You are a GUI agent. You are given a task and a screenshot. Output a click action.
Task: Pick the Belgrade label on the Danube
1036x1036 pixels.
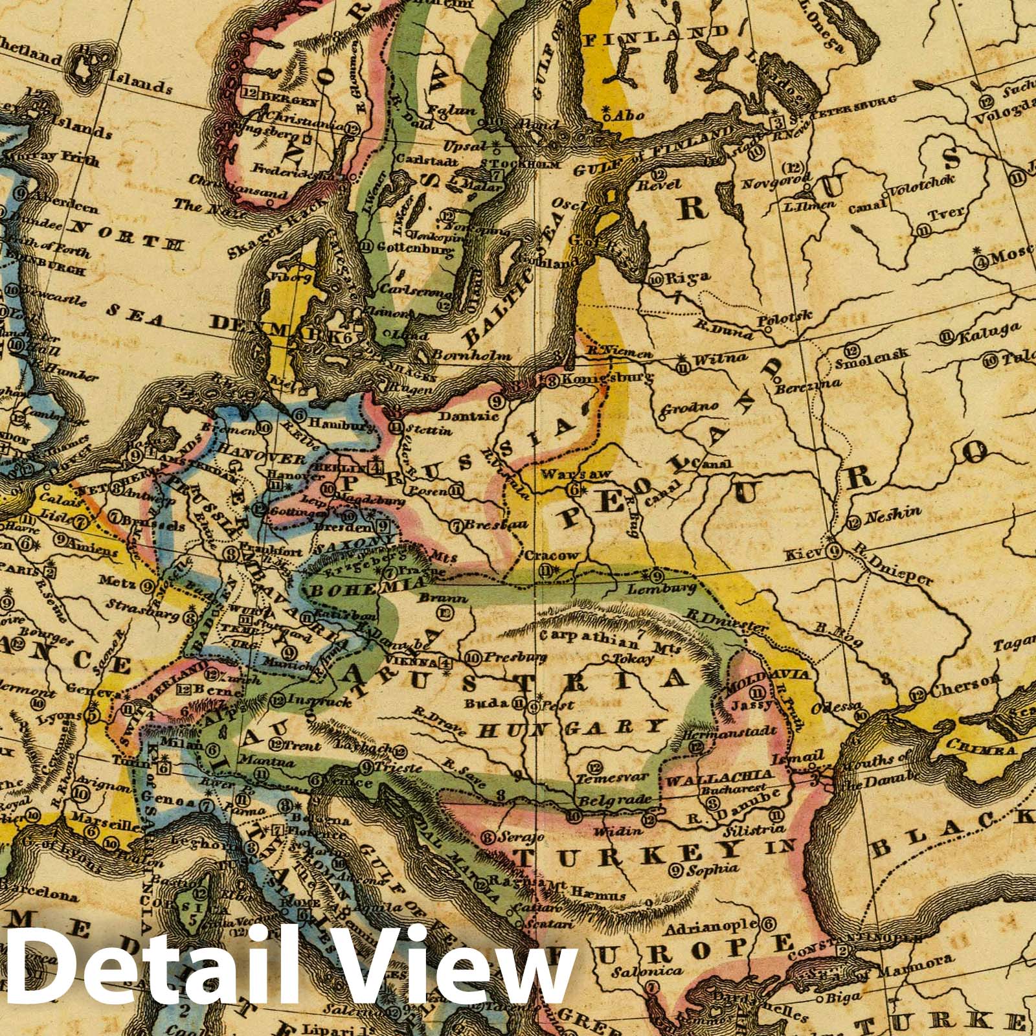tap(618, 800)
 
